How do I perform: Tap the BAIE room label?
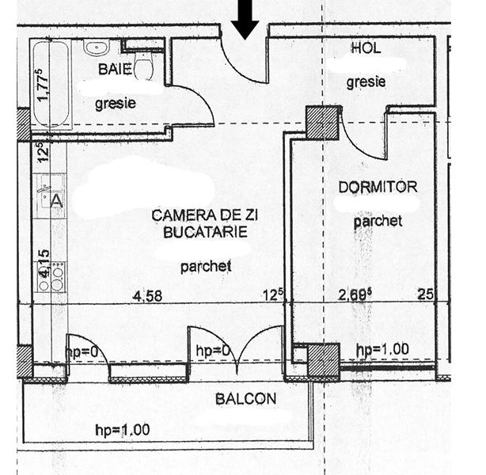(x=115, y=70)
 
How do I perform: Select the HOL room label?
(x=365, y=48)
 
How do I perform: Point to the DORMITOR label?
(x=377, y=188)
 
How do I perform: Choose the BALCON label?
(x=245, y=399)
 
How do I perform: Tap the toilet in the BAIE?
(x=143, y=66)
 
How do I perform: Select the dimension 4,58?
(x=148, y=296)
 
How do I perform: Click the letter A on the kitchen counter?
(x=56, y=201)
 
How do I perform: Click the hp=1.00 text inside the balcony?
(x=121, y=430)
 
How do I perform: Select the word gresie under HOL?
(x=366, y=81)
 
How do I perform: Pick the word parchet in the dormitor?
(x=378, y=222)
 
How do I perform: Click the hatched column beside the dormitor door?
(x=322, y=123)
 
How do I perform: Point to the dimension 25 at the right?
(x=425, y=295)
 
